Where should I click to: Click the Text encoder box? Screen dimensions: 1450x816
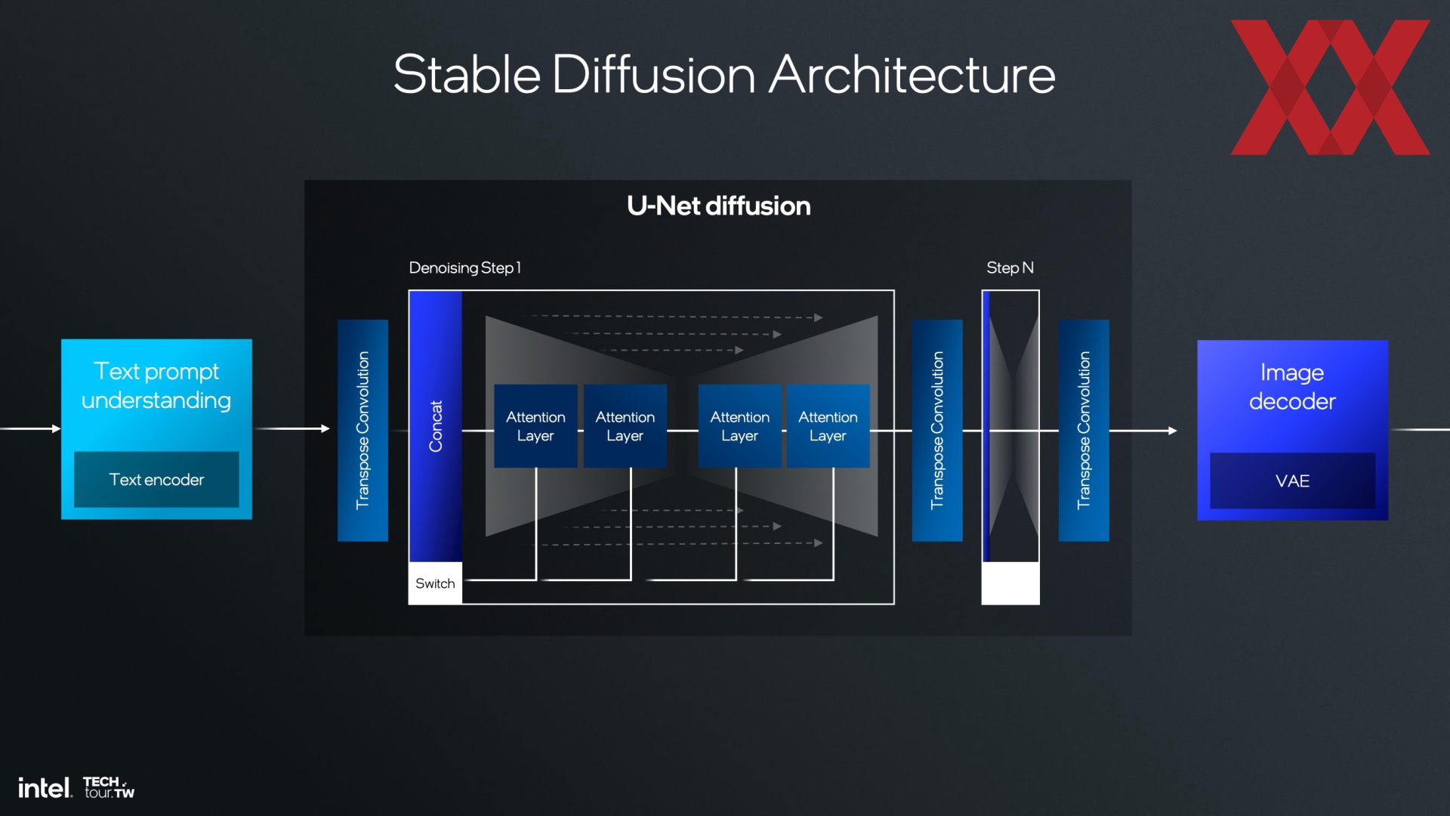pos(156,480)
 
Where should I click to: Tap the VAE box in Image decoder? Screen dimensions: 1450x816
pos(1292,481)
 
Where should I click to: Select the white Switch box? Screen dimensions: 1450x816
pos(435,583)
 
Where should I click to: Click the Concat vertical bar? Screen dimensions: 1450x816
pos(435,426)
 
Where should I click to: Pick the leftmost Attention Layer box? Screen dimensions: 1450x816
pos(535,426)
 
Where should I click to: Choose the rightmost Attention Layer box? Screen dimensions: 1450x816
pos(828,426)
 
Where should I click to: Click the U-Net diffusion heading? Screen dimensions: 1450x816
pos(718,206)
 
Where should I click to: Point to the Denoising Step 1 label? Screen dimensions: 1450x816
pos(464,267)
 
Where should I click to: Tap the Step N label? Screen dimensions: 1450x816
pos(1010,267)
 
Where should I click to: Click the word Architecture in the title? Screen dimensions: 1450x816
pos(912,75)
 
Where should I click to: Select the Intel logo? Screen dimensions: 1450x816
pos(45,788)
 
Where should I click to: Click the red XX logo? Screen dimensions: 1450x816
pos(1330,88)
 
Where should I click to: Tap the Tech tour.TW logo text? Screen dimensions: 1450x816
pos(109,787)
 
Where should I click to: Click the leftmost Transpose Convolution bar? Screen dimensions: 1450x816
pos(362,430)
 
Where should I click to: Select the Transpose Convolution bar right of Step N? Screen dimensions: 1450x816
pos(1084,430)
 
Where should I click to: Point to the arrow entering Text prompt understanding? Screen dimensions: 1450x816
pos(30,428)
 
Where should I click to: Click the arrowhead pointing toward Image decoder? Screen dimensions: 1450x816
pos(1173,431)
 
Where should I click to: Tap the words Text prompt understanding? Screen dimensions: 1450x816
pos(156,385)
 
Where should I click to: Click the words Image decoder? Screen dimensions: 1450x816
pos(1292,387)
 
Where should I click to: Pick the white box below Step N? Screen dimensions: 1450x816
pos(1010,583)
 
